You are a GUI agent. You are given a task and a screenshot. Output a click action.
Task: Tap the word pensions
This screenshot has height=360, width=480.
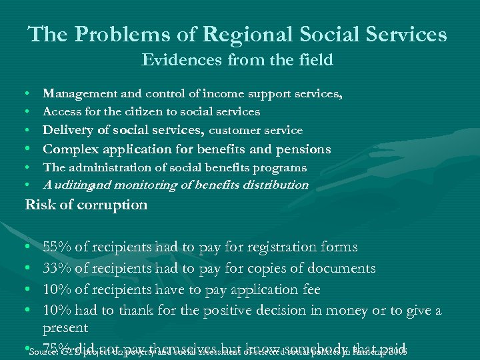285,149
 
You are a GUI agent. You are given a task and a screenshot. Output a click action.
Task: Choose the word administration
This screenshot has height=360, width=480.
105,168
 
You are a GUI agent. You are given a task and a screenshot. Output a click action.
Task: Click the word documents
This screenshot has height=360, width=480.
337,269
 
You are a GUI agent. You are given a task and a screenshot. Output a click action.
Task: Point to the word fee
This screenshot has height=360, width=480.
310,289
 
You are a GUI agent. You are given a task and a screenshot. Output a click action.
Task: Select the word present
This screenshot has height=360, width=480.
65,328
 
